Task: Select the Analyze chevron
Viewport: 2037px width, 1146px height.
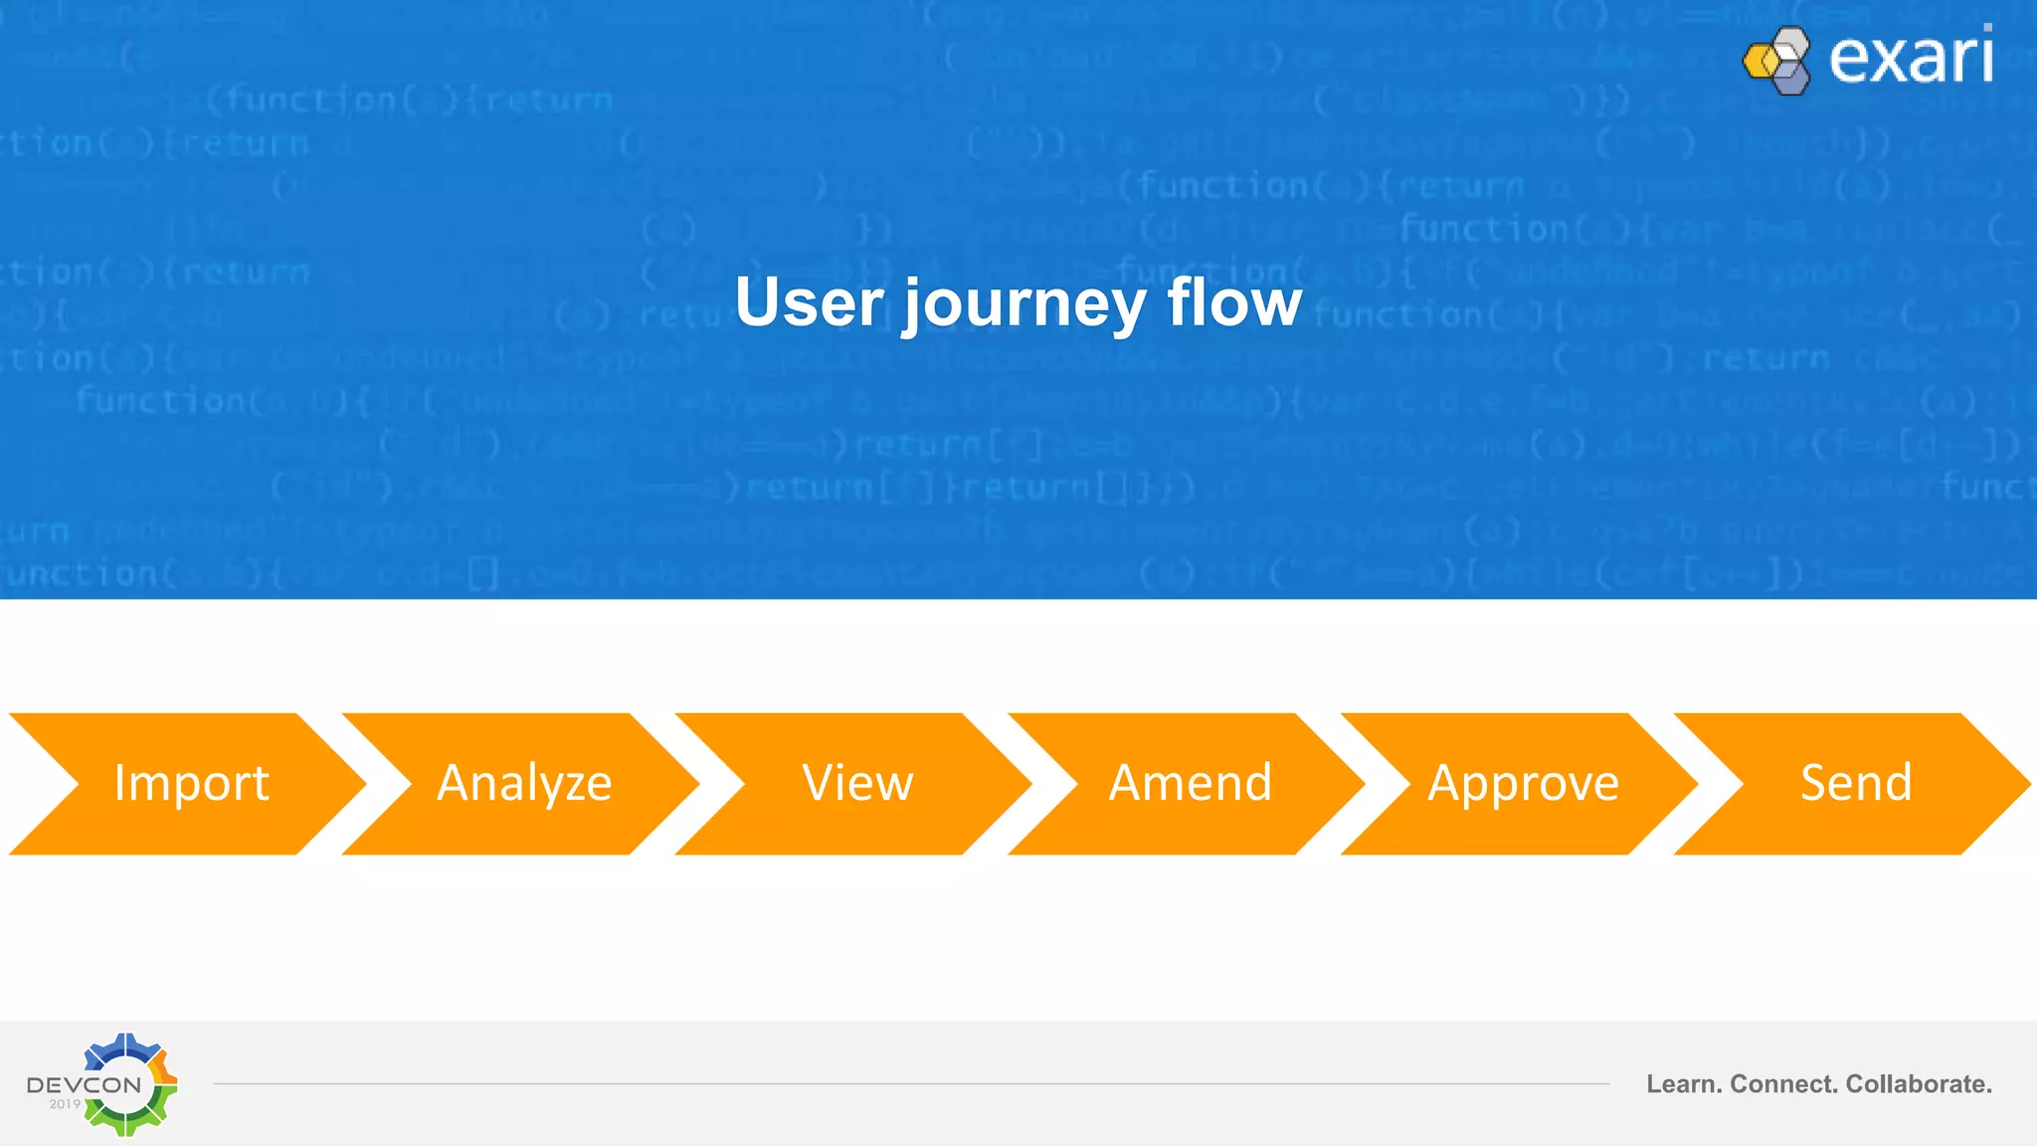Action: [x=524, y=783]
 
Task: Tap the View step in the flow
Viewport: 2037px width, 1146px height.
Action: [x=857, y=783]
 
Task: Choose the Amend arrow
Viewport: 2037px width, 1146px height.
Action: [x=1190, y=783]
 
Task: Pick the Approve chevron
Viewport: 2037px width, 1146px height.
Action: [x=1523, y=783]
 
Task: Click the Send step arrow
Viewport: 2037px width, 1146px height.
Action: [x=1856, y=783]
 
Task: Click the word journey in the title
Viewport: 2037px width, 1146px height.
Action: [x=1024, y=304]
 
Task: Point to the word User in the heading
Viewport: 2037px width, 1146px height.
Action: [x=809, y=302]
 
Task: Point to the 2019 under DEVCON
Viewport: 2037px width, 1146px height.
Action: [x=65, y=1104]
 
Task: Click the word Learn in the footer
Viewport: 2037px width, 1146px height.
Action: [x=1683, y=1084]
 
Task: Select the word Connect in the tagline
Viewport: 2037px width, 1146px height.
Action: [x=1783, y=1084]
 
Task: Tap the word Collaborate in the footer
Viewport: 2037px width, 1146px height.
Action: [x=1919, y=1084]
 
